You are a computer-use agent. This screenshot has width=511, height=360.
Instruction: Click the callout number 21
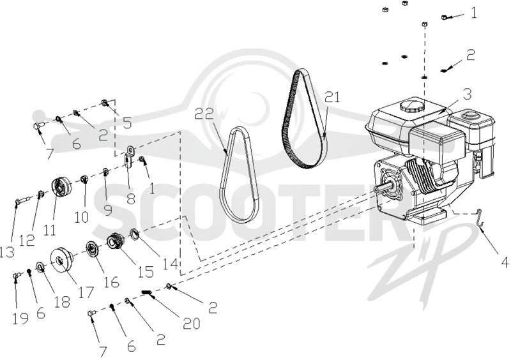tap(332, 98)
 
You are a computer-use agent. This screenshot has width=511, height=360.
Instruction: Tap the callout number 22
tap(204, 114)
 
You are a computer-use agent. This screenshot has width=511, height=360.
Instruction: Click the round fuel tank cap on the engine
tap(411, 106)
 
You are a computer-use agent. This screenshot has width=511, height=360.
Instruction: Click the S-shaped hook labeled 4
tap(478, 217)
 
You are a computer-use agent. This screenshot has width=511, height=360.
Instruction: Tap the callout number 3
tap(468, 94)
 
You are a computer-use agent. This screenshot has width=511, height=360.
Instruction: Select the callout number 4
tap(505, 262)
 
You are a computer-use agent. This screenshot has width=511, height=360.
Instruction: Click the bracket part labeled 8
tap(129, 158)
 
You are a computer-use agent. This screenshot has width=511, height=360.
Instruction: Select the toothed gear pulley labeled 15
tap(115, 242)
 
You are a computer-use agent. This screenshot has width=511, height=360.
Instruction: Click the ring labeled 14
tap(135, 234)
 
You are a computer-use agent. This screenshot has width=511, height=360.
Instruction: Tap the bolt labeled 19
tap(17, 276)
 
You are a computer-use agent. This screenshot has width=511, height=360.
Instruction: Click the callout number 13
tap(6, 252)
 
